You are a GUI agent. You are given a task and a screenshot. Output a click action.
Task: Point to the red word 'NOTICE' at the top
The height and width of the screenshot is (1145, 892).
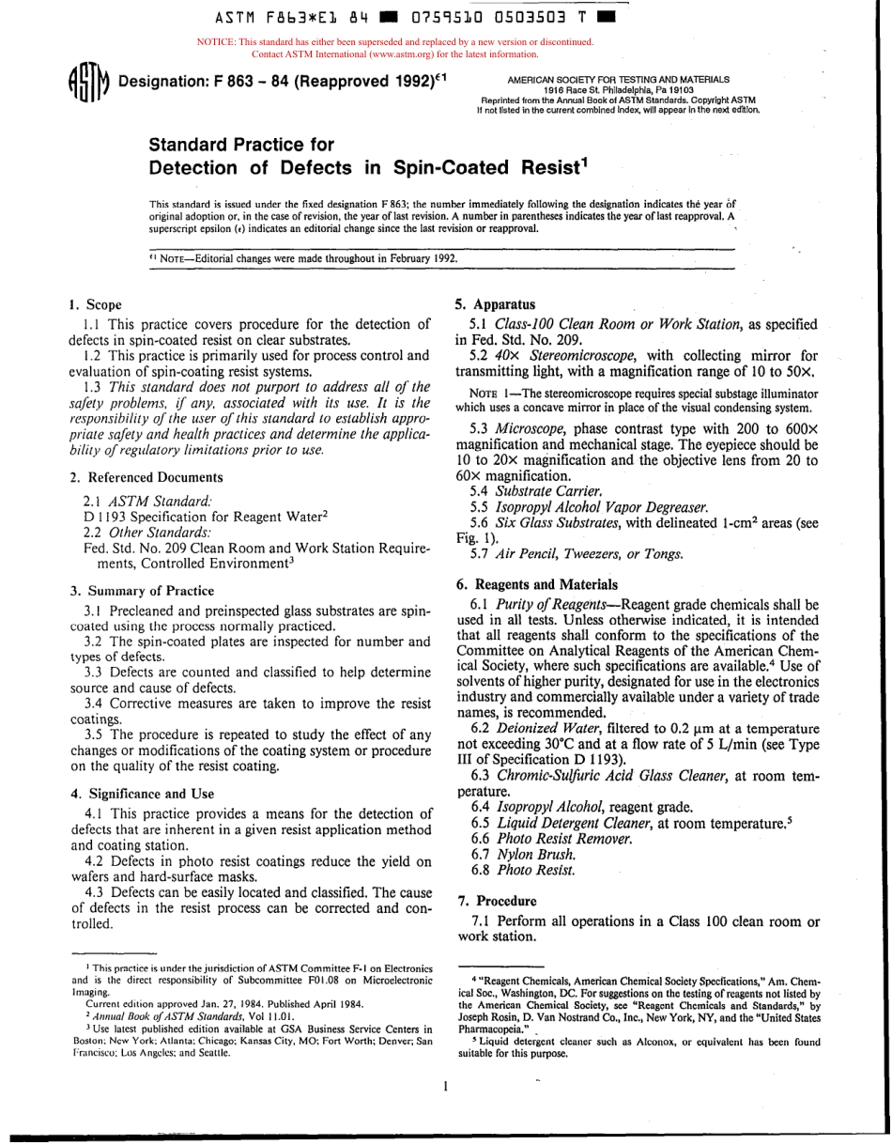coord(216,42)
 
